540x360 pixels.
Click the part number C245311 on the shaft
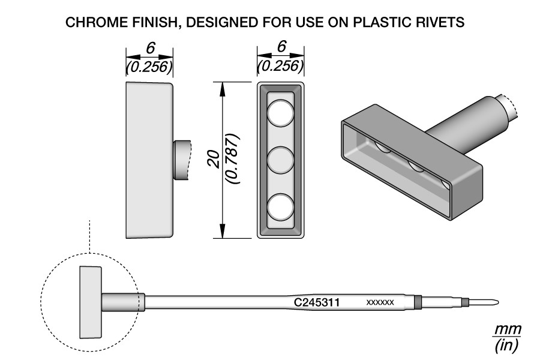coord(317,302)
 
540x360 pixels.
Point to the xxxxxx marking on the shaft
coord(380,302)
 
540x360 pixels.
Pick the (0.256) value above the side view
coord(149,67)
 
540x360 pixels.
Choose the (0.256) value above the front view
coord(280,65)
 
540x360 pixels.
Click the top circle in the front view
coord(280,113)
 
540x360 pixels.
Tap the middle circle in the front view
coord(280,160)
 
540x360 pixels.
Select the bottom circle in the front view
coord(280,207)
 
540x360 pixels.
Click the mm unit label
coord(508,330)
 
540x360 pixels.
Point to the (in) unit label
coord(508,345)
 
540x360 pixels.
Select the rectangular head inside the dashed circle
coord(91,302)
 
